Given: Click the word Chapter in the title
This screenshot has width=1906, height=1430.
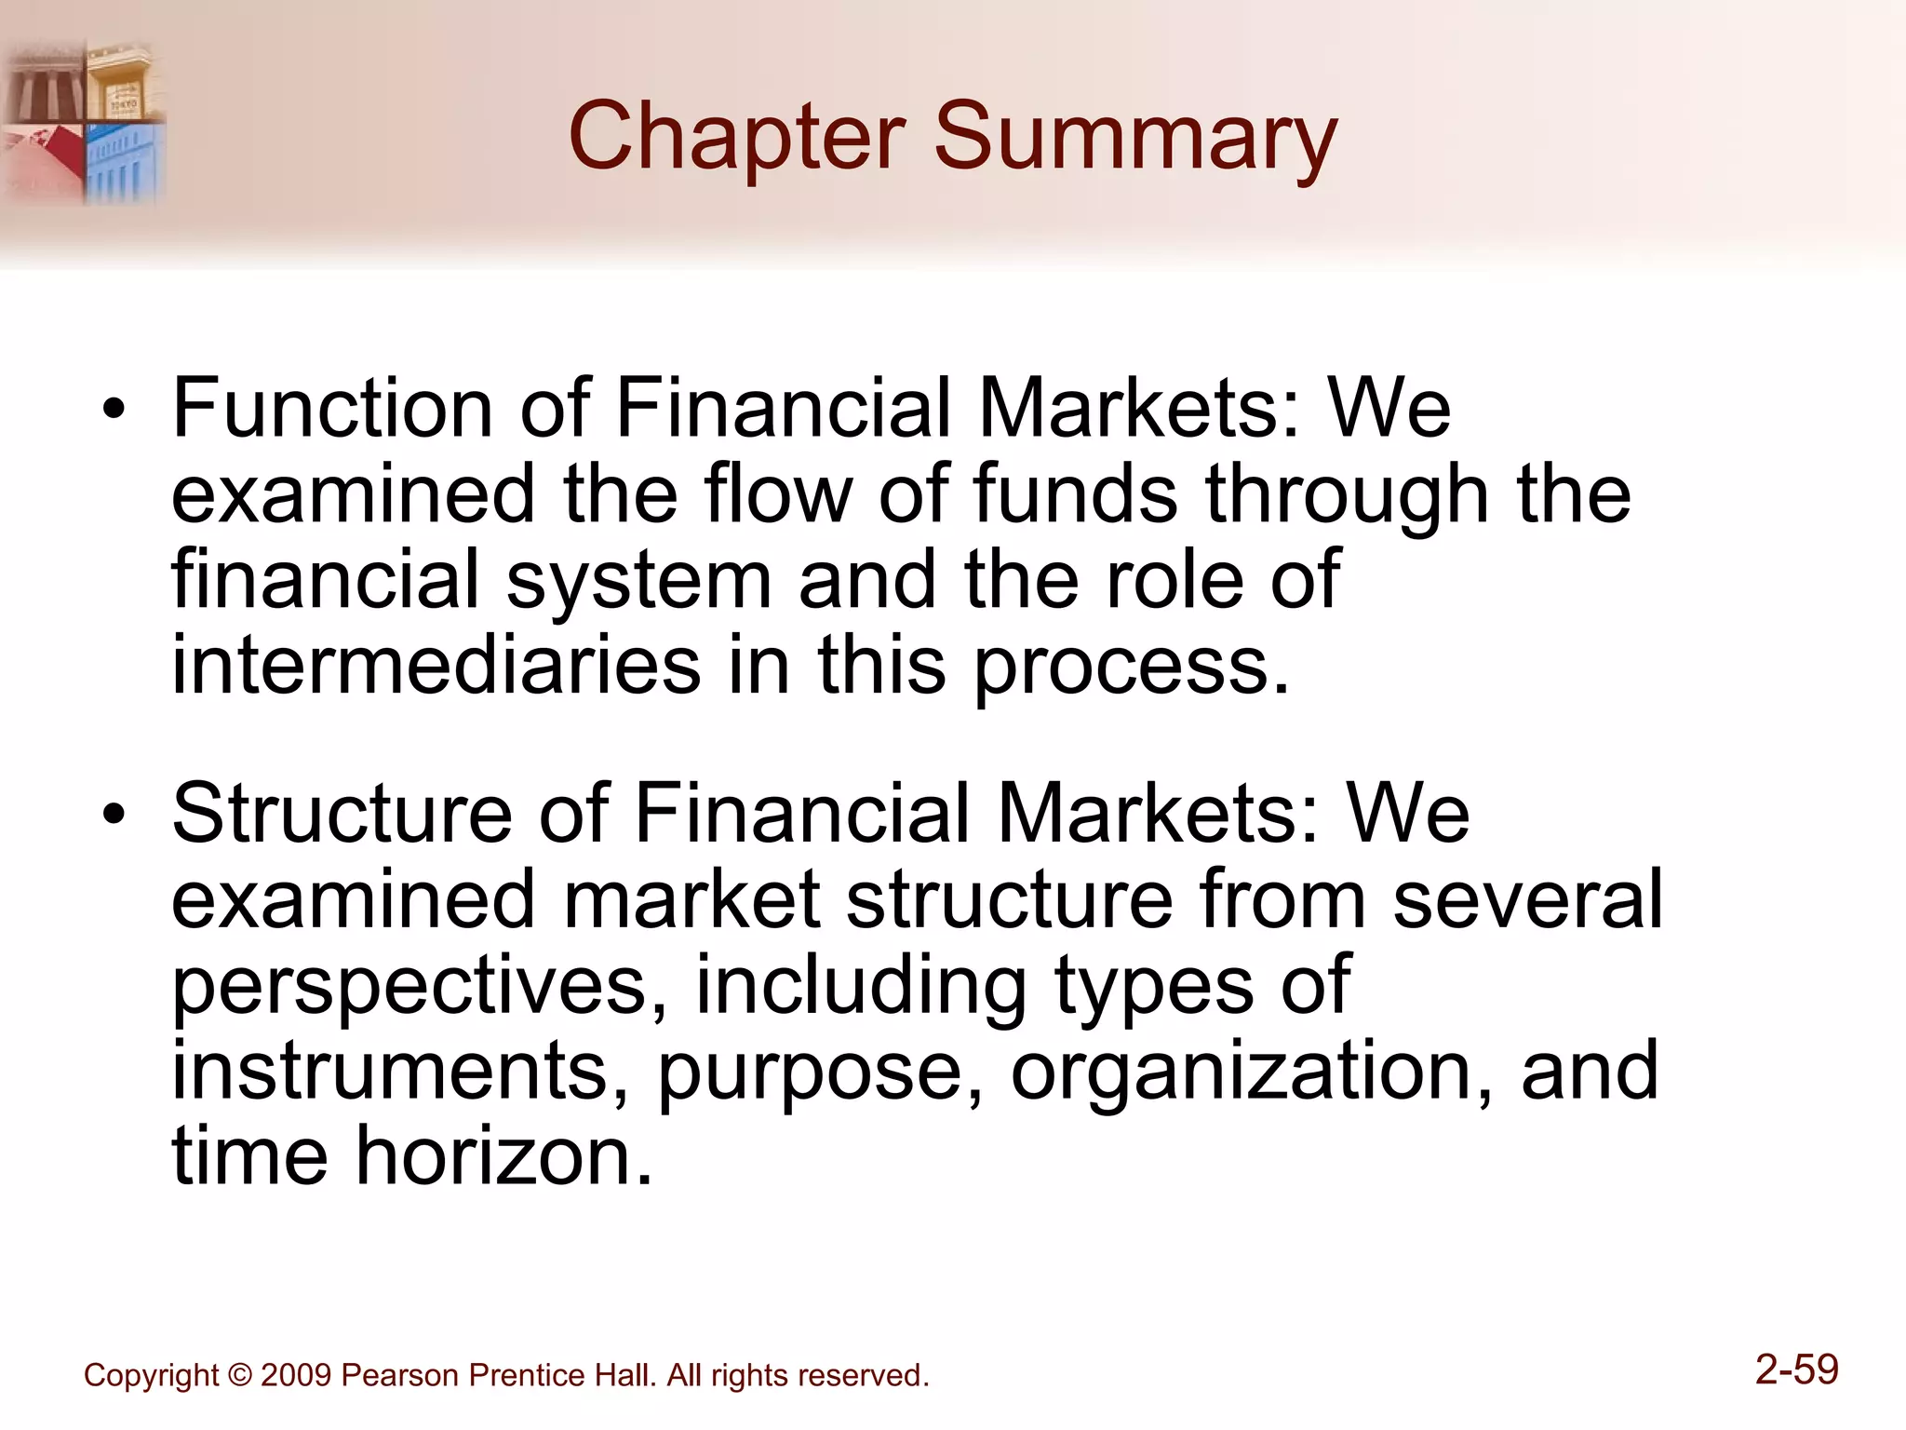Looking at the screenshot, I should coord(736,138).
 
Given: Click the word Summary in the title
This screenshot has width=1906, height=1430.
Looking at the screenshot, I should coord(1134,138).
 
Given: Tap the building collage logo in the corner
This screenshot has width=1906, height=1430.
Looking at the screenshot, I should coord(84,121).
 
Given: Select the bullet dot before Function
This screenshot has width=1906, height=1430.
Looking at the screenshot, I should coord(114,410).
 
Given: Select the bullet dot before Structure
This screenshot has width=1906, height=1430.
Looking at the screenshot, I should coord(114,816).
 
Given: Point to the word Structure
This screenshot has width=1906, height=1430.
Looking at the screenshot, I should coord(342,814).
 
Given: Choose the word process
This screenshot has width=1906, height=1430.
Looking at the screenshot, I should coord(1132,668).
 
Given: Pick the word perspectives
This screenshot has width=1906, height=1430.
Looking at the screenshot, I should coord(420,987).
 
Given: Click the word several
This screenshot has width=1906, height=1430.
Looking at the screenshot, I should coord(1527,899).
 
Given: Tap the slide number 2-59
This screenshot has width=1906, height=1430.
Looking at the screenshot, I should coord(1796,1369).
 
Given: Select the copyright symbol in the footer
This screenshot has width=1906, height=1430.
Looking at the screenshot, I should coord(239,1375).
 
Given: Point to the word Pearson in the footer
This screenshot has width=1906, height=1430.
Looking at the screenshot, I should coord(400,1375).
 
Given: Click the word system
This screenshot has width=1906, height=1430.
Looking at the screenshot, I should coord(638,581).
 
